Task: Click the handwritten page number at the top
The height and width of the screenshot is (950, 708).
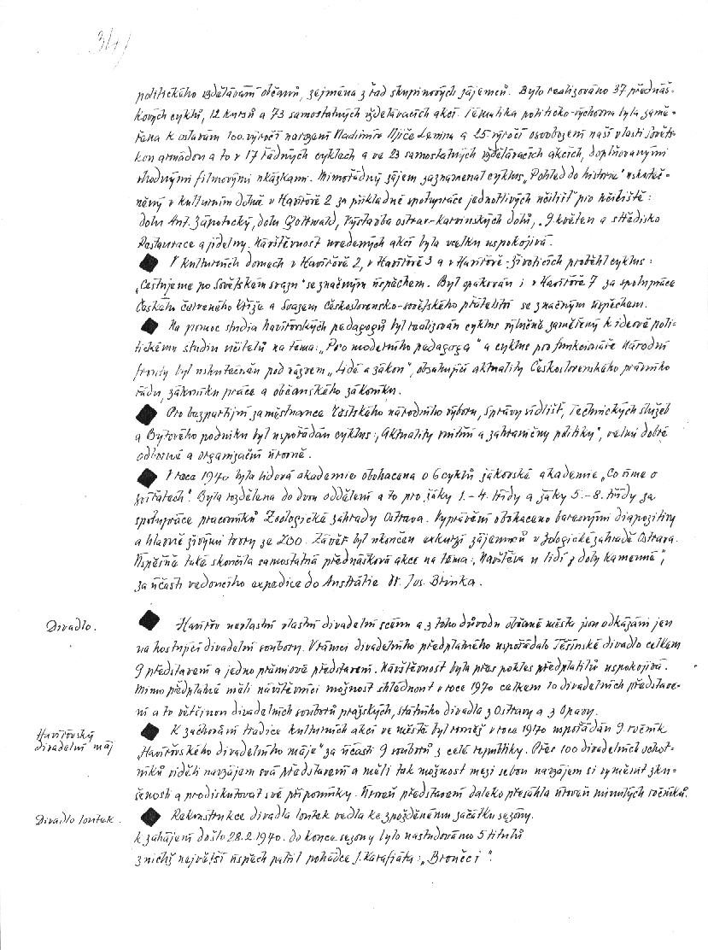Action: [x=109, y=38]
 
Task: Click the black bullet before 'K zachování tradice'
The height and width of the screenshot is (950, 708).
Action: [x=150, y=730]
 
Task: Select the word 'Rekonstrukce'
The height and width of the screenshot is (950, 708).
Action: [x=208, y=815]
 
